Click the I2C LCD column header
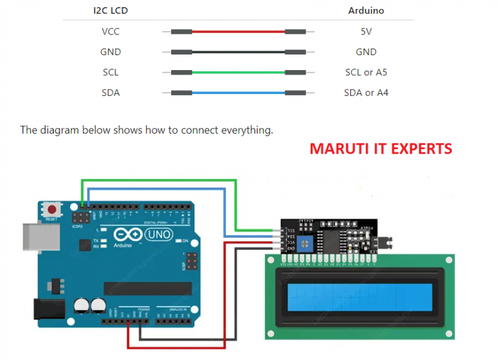(x=111, y=11)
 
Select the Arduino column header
(x=366, y=11)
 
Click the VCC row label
(x=111, y=31)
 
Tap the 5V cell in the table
(x=366, y=31)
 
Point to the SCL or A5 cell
(x=366, y=72)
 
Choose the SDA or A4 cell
(x=366, y=93)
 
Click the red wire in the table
(x=238, y=31)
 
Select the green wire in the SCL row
(x=238, y=72)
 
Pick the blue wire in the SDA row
(x=238, y=93)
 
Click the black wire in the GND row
(x=238, y=52)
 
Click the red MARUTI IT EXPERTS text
(x=381, y=149)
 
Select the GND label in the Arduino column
(x=366, y=52)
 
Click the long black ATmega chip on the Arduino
(x=147, y=287)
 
